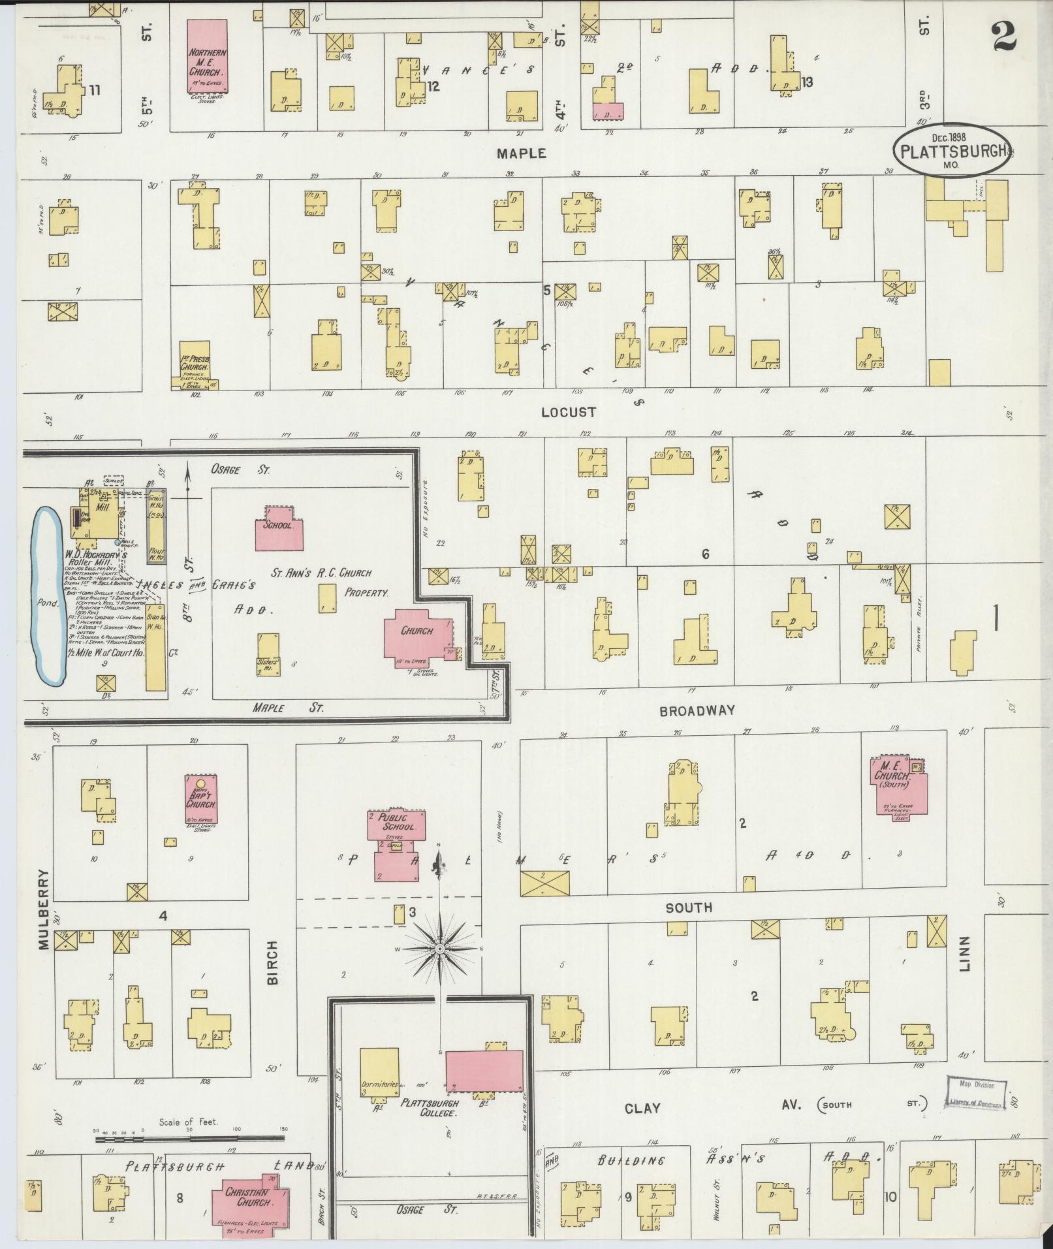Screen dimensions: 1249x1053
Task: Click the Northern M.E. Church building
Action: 208,64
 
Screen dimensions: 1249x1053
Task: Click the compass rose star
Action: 441,948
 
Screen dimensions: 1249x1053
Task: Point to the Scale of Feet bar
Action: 189,1139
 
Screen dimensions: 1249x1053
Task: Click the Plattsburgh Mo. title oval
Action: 952,150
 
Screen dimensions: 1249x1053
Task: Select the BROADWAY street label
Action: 697,710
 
